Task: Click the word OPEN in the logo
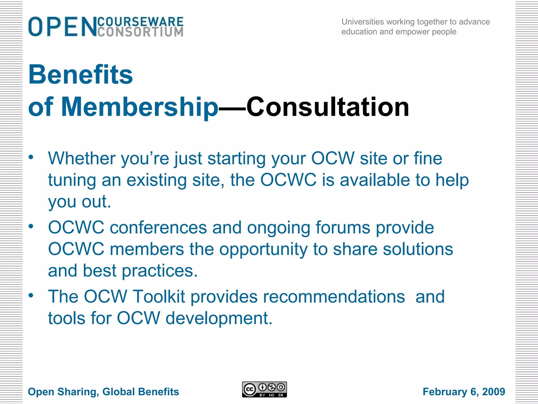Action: [x=63, y=27]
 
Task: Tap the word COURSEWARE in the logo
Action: [x=140, y=22]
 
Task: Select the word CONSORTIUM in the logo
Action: [x=140, y=32]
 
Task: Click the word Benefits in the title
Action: [x=80, y=75]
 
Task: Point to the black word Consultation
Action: [x=328, y=107]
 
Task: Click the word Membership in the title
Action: [x=139, y=107]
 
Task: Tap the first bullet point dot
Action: [x=31, y=157]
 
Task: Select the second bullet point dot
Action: [x=31, y=226]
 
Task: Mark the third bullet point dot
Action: [x=31, y=295]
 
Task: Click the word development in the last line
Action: [x=219, y=318]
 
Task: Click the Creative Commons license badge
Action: [x=264, y=390]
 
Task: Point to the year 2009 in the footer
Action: [x=494, y=392]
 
